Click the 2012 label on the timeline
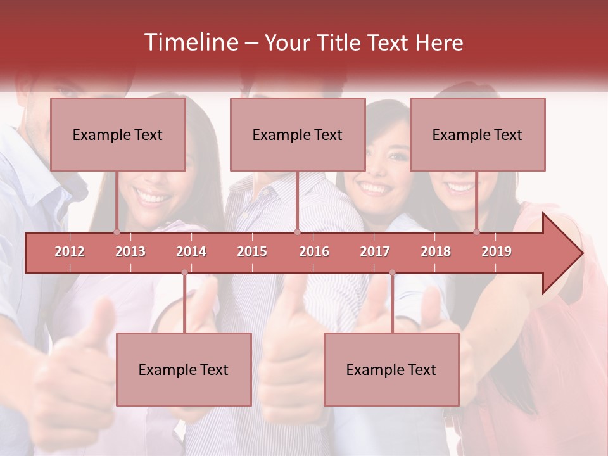70,251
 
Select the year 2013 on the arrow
130,251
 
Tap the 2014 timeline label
191,251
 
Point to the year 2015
252,251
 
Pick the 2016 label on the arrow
314,251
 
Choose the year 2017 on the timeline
375,251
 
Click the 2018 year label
436,251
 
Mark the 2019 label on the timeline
497,251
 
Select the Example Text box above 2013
118,134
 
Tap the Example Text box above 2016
298,134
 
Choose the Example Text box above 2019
478,134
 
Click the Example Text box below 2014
184,369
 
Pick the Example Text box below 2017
391,369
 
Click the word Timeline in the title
190,42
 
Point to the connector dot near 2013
117,232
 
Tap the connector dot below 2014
184,272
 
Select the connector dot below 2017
392,272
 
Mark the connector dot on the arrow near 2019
477,232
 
